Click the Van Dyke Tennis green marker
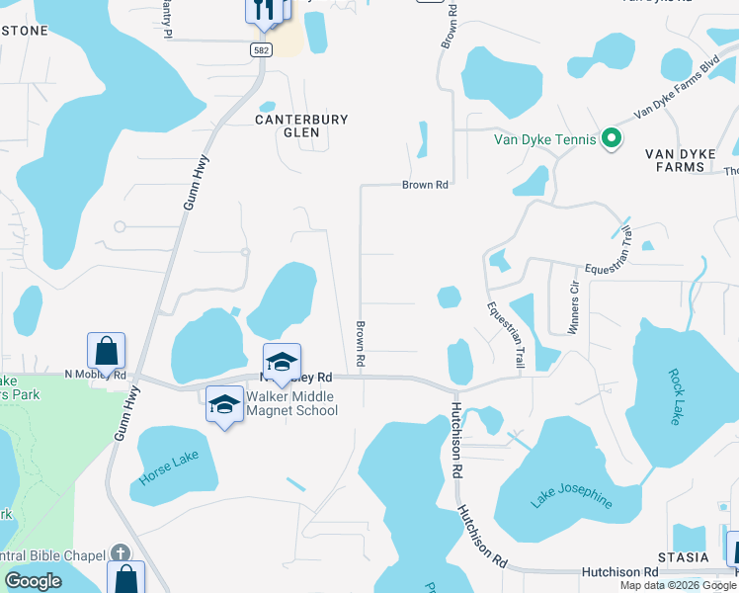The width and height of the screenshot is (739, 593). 611,139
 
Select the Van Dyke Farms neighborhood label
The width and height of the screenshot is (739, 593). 688,160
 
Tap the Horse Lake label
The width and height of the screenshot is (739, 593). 171,465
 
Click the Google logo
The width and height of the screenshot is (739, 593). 33,581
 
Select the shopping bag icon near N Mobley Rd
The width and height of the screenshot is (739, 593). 106,351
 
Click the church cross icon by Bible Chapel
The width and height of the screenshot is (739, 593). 120,552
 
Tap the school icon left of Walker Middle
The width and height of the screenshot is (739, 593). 224,403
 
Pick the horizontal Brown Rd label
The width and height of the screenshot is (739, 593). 426,185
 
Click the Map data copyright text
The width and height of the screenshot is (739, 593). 677,585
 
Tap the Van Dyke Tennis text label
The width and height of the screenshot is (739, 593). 545,139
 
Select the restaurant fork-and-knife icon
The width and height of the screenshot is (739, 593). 264,9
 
